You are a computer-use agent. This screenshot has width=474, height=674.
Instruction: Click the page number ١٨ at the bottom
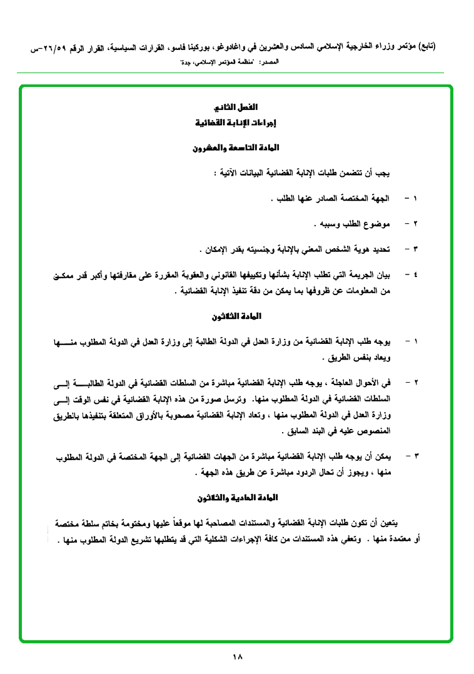[237, 656]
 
